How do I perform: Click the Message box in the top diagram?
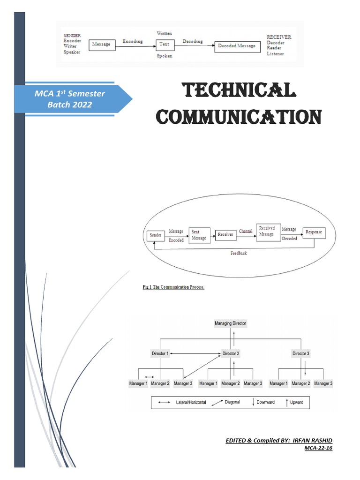102,44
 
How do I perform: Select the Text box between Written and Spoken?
165,45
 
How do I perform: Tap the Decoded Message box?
237,46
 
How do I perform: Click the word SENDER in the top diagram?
72,35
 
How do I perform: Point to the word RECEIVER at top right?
279,37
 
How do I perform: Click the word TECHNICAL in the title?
239,90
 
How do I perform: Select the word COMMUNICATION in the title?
239,116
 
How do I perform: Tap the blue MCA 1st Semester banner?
70,99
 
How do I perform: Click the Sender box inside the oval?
155,235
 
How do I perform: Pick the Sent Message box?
198,235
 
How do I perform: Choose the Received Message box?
267,231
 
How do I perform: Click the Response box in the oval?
314,232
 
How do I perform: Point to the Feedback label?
239,253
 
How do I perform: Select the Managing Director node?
230,323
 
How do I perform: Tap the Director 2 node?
231,353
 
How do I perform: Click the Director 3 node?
300,353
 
